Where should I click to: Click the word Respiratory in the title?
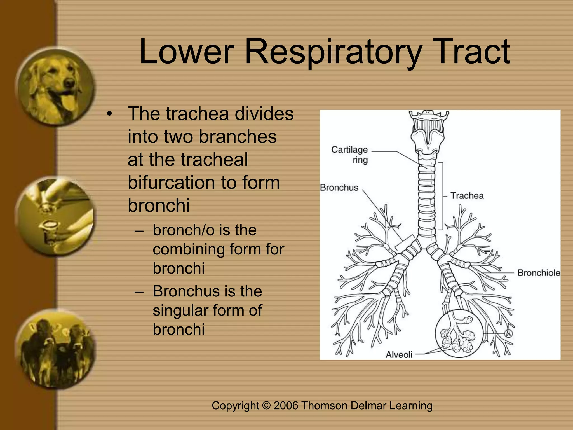click(333, 52)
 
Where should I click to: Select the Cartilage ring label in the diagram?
click(350, 155)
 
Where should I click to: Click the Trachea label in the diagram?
click(467, 195)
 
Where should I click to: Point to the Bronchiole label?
click(539, 273)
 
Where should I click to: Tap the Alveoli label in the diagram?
click(399, 355)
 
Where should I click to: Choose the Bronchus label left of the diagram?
click(339, 187)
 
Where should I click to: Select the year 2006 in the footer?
click(286, 406)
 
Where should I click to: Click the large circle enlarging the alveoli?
click(459, 333)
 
